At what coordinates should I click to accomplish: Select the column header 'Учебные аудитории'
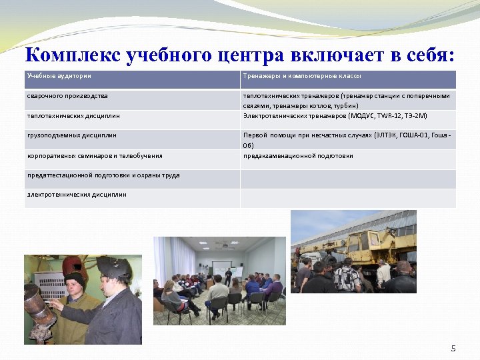coord(59,76)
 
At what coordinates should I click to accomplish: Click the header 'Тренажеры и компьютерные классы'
coord(302,76)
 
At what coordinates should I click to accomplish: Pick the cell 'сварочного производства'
coord(67,96)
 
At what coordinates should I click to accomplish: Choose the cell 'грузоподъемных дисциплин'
coord(71,135)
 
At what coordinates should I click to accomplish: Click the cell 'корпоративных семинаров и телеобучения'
coord(95,156)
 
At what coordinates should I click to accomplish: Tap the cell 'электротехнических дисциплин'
coord(76,195)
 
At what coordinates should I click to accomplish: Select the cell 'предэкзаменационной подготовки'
coord(298,156)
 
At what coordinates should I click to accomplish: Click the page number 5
coord(453,349)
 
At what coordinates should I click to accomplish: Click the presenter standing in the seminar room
coord(228,275)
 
